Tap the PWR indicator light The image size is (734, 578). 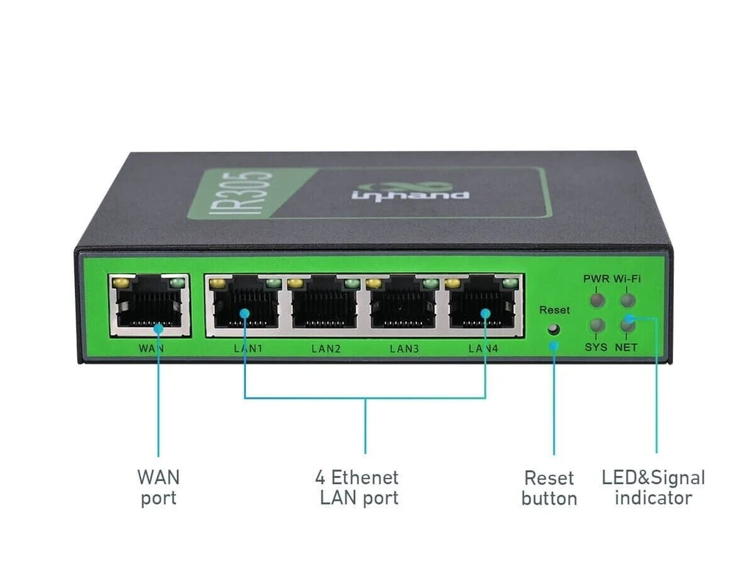point(597,300)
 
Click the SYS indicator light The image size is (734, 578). point(597,326)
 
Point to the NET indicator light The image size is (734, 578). point(626,325)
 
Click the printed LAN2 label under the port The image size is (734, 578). point(326,348)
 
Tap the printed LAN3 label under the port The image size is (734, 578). point(404,348)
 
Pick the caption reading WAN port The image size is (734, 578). point(158,487)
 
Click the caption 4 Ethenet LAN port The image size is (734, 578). point(357,487)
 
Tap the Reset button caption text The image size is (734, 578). point(549,488)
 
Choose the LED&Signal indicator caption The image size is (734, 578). point(653,488)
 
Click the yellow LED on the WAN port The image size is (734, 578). point(122,282)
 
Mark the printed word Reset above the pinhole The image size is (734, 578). point(554,311)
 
